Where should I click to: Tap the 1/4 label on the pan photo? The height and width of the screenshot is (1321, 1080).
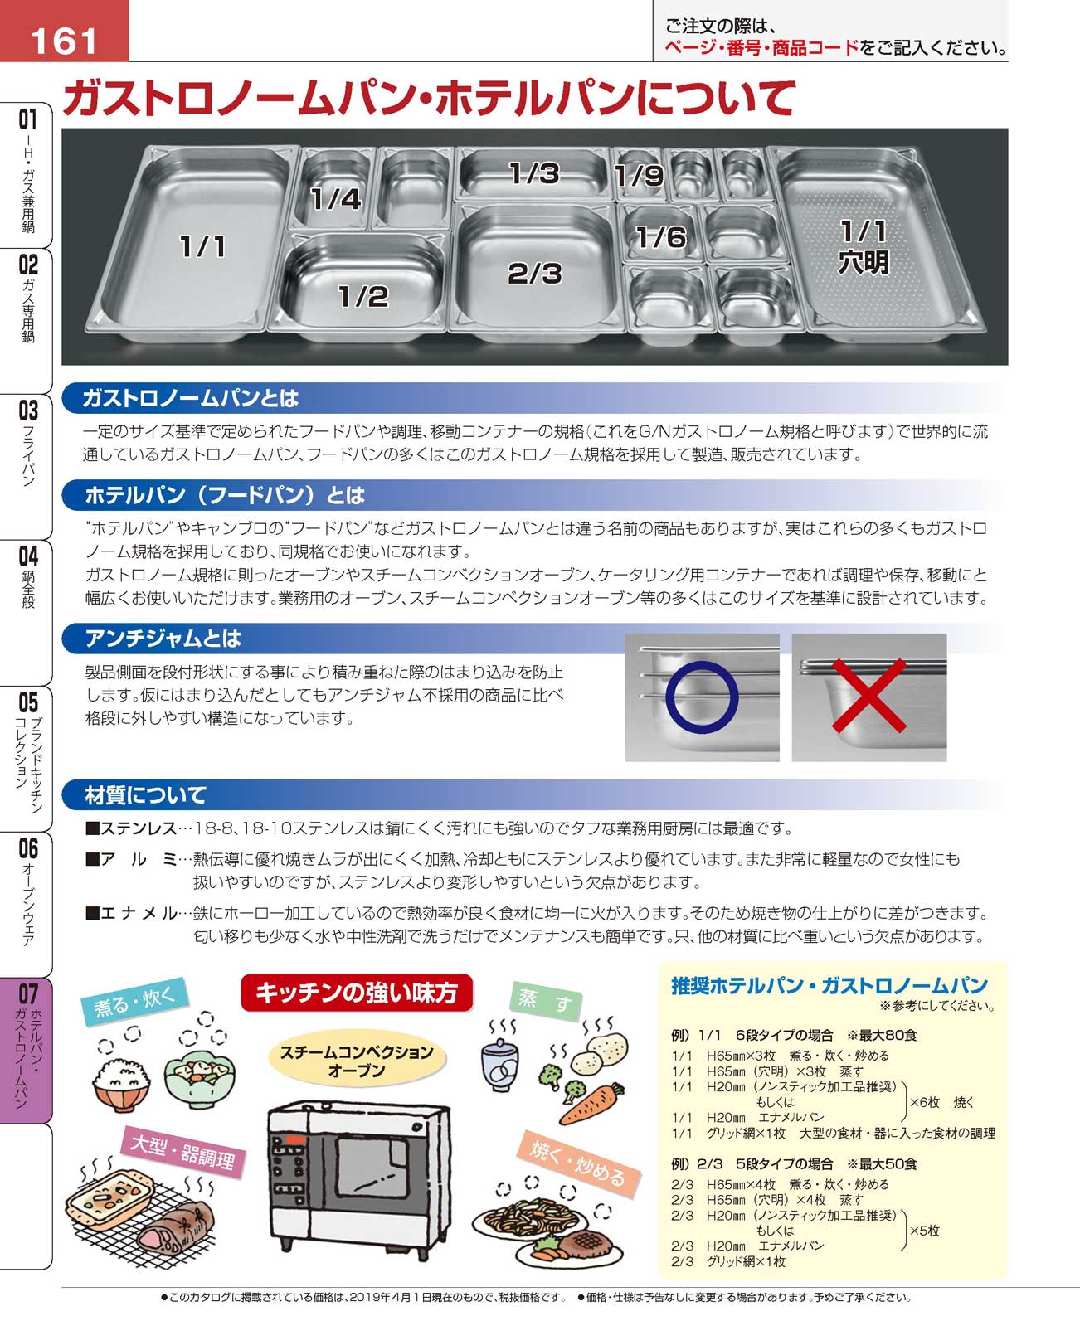pos(336,199)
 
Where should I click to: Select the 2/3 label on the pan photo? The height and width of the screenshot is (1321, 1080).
pos(534,273)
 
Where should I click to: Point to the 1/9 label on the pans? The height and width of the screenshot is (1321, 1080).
pos(639,175)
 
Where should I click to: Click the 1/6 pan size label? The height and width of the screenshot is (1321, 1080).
pos(660,237)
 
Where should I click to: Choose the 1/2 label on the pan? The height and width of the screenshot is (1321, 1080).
pos(362,296)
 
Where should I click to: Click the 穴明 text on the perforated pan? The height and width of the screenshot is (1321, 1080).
pos(864,262)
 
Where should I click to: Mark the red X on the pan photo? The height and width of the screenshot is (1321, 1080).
pos(868,695)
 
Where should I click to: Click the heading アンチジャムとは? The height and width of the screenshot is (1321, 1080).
pos(163,639)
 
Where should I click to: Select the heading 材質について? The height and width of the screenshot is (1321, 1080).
pos(145,795)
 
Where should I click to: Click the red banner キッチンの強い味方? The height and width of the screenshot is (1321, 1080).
pos(357,993)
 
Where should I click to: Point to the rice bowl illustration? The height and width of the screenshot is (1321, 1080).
pos(121,1084)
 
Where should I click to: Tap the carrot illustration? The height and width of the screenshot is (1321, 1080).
pos(591,1105)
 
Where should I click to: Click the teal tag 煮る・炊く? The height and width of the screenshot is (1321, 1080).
pos(134,1002)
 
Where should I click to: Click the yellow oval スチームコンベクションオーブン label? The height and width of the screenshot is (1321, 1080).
pos(357,1061)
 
